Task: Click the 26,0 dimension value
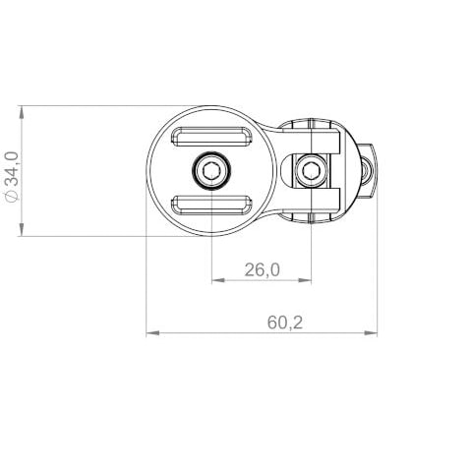262,268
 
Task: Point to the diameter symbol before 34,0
11,196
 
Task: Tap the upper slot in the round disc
211,139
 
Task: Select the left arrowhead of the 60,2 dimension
151,333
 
